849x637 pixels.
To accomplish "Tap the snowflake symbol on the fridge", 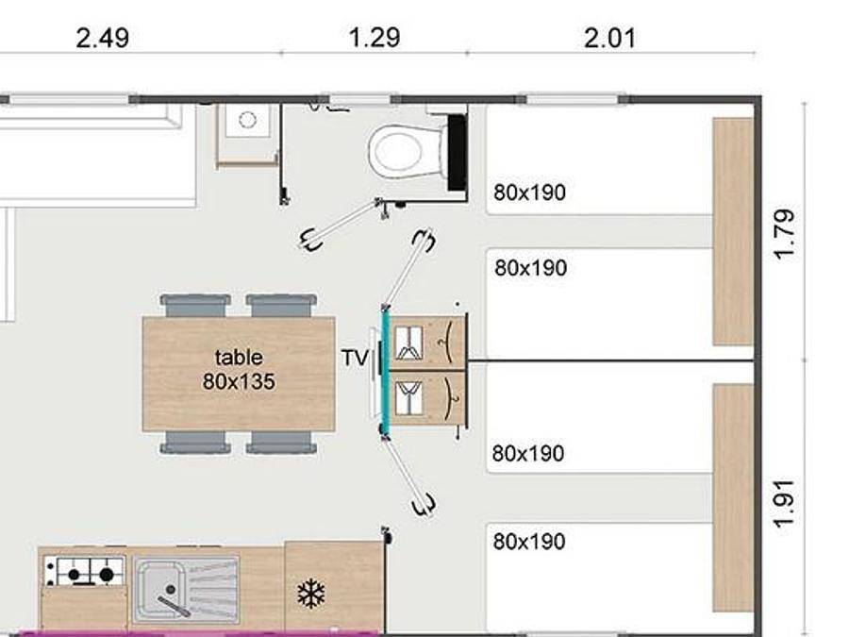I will pos(311,594).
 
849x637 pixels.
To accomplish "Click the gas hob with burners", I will pos(85,571).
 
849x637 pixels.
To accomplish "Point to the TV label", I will pos(354,358).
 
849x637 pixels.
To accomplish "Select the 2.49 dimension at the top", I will pos(102,39).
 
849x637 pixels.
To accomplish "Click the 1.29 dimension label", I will pos(374,38).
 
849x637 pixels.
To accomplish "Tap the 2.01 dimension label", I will pos(608,39).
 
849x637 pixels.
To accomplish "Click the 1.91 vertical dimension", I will pos(785,505).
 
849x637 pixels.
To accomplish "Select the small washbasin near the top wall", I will pos(247,121).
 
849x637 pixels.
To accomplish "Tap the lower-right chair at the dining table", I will pos(281,442).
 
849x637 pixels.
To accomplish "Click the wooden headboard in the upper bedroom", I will pos(732,231).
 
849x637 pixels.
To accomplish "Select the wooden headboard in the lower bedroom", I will pos(732,496).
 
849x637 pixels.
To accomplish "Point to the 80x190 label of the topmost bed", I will pos(529,193).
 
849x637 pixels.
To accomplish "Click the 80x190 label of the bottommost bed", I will pos(529,542).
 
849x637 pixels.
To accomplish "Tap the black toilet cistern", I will pos(458,151).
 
